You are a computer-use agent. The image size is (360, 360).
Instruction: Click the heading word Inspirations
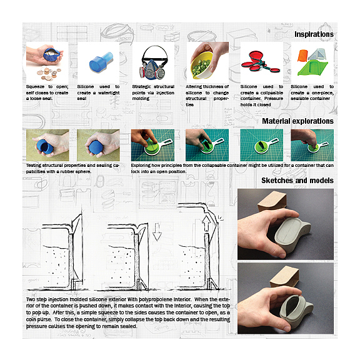tap(314, 34)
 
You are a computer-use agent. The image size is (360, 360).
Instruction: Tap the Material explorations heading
tap(297, 121)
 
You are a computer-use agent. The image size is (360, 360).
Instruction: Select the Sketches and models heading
tap(297, 181)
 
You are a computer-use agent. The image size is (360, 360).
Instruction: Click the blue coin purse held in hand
tap(51, 54)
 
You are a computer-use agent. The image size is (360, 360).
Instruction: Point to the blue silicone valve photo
tap(101, 62)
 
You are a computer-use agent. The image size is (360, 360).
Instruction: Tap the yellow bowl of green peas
tap(202, 65)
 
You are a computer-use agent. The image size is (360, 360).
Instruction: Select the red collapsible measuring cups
tap(261, 62)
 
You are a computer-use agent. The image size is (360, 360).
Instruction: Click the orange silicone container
tap(302, 56)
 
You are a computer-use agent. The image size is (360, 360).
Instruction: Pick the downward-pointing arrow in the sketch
tap(157, 232)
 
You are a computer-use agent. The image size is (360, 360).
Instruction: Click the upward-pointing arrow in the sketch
tap(206, 224)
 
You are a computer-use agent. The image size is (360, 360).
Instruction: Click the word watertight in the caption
tap(109, 92)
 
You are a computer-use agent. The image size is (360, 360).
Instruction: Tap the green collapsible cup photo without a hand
tap(261, 145)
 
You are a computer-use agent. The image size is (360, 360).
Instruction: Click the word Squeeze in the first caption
tap(35, 86)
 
